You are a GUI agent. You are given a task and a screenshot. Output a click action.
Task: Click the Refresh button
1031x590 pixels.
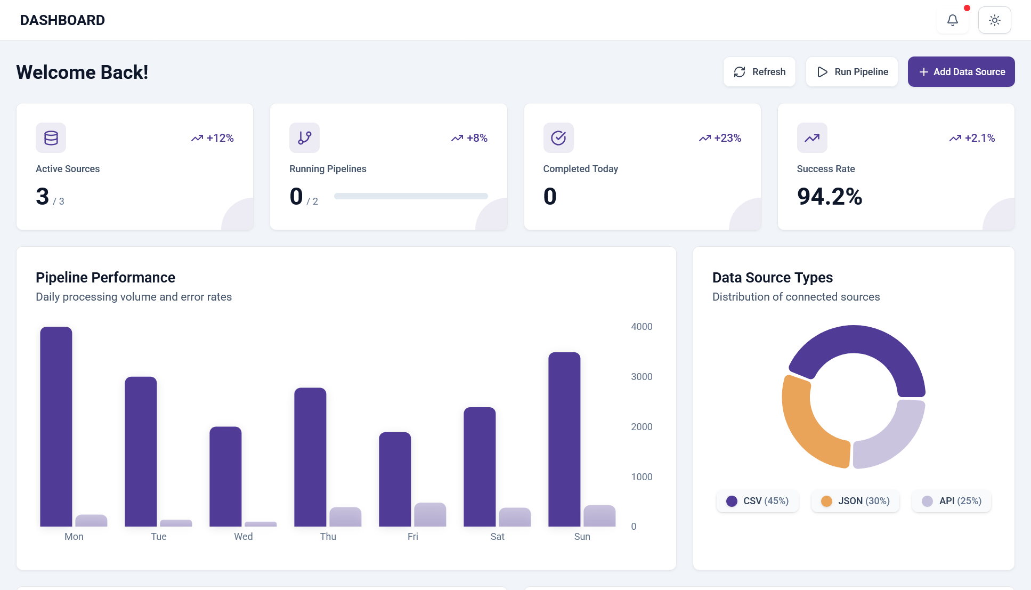(759, 72)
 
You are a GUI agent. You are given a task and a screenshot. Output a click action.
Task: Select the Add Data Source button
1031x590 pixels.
(961, 72)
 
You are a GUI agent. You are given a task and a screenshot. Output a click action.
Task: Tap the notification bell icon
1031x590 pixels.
(953, 20)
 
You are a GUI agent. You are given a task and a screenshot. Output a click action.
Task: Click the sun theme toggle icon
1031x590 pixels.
(995, 20)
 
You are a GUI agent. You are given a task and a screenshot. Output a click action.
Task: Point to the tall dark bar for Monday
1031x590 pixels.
(56, 426)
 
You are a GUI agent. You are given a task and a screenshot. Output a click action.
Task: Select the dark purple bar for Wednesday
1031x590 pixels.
(225, 476)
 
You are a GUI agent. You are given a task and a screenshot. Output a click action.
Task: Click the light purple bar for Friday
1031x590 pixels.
(430, 515)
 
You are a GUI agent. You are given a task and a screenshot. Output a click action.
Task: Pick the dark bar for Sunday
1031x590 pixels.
(564, 439)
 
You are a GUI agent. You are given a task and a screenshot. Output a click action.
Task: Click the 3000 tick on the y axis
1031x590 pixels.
(642, 377)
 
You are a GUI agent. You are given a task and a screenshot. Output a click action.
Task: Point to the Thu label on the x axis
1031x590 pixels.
(328, 537)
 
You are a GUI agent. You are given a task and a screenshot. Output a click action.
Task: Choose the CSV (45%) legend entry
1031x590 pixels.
(758, 501)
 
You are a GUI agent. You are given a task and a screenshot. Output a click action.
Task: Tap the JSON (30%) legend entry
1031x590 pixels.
(856, 501)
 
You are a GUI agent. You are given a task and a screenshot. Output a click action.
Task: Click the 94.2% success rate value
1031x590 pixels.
(830, 197)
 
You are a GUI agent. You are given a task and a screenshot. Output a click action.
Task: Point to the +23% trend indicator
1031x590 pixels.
(720, 138)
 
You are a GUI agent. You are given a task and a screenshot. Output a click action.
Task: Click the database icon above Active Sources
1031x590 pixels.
(51, 138)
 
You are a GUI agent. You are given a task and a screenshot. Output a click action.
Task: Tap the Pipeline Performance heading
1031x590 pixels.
(105, 278)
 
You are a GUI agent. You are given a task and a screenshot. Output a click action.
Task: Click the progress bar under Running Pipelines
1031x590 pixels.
(411, 196)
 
